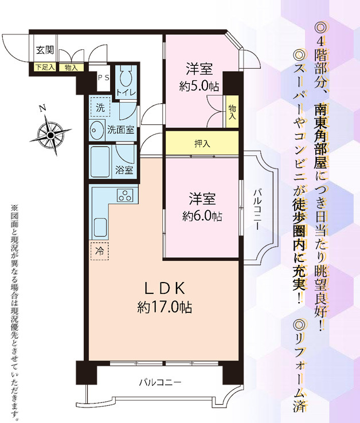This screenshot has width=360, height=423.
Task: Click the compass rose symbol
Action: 50,134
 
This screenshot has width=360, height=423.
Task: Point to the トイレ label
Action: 126,93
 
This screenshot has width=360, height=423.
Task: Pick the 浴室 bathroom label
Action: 124,170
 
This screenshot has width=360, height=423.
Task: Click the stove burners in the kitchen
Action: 124,195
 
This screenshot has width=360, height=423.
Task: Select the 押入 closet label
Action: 202,143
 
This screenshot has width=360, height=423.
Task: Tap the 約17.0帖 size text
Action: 165,308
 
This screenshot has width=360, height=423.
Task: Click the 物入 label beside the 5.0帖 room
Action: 232,111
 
